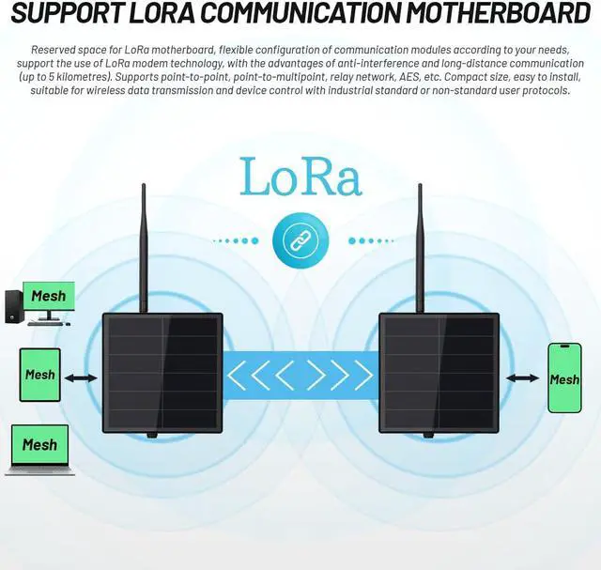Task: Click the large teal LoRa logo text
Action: pyautogui.click(x=300, y=176)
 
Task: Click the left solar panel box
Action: pyautogui.click(x=162, y=373)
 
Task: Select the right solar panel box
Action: pyautogui.click(x=439, y=373)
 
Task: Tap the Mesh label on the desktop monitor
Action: pyautogui.click(x=49, y=297)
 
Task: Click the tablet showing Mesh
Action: pyautogui.click(x=39, y=375)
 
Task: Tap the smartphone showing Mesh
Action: pyautogui.click(x=564, y=377)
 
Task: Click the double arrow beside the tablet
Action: pyautogui.click(x=82, y=377)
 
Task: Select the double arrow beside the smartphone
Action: pyautogui.click(x=521, y=377)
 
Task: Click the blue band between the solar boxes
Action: pyautogui.click(x=300, y=375)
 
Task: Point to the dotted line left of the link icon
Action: pyautogui.click(x=235, y=240)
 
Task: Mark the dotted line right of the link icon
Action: pyautogui.click(x=367, y=240)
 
